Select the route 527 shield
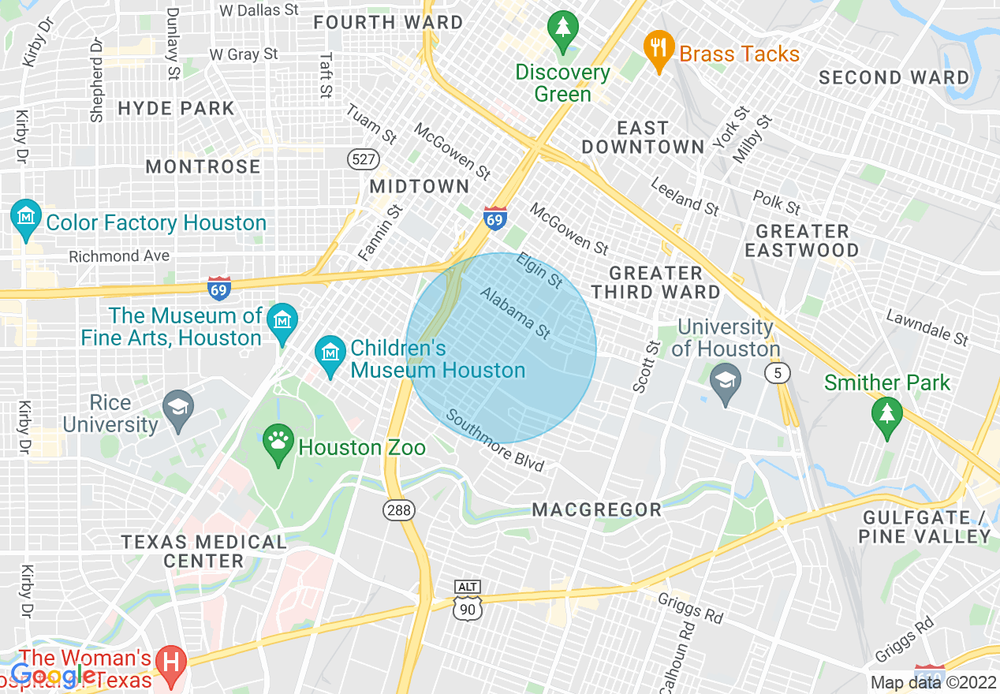(x=362, y=159)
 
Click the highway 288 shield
(x=399, y=510)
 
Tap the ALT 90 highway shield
(x=468, y=600)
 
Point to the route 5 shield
(x=778, y=373)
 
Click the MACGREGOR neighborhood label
(x=597, y=509)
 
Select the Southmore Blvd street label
(x=495, y=440)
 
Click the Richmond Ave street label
(x=119, y=256)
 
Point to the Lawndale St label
(x=927, y=328)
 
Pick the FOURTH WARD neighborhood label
(x=388, y=22)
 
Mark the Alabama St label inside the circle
(x=515, y=313)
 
